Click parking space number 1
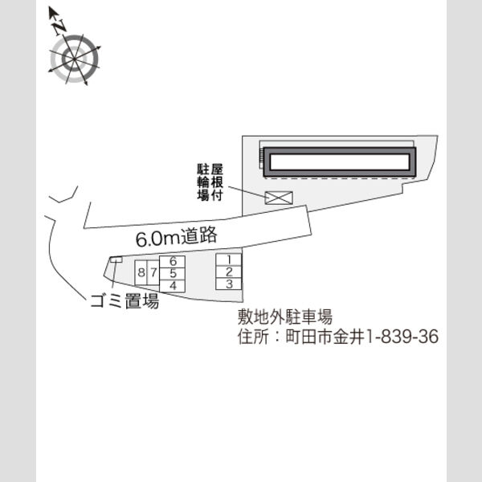point(229,260)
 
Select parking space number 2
point(229,272)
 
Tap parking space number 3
point(229,284)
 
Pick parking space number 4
point(172,286)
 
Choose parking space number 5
point(172,274)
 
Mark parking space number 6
point(172,262)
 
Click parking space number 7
point(153,272)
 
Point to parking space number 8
point(141,272)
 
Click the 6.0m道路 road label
point(177,237)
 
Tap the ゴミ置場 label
point(125,300)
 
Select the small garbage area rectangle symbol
point(116,259)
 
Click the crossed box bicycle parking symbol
point(279,198)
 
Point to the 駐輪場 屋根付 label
point(210,182)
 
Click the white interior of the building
point(340,162)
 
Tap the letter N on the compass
point(59,27)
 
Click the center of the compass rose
point(75,59)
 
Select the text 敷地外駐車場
point(285,317)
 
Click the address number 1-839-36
point(402,337)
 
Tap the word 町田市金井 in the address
point(325,337)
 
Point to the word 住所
point(253,337)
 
